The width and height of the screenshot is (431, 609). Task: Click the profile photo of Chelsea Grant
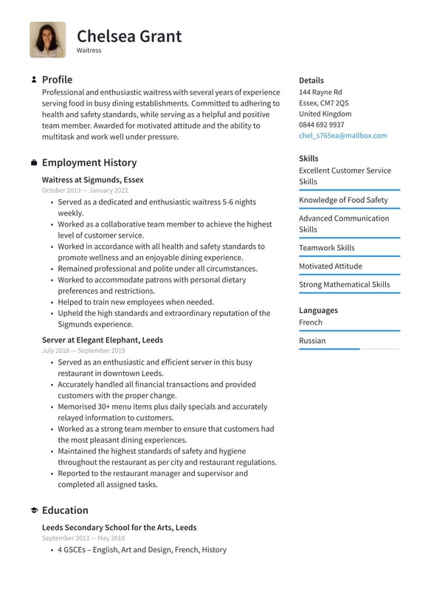click(x=48, y=40)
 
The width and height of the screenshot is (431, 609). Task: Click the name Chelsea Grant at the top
click(x=129, y=35)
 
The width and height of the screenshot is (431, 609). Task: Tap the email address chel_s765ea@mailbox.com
click(x=342, y=136)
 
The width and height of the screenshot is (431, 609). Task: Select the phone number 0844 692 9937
click(x=321, y=125)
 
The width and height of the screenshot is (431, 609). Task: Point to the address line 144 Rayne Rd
click(x=320, y=92)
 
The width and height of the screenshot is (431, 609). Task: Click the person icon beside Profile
click(x=34, y=80)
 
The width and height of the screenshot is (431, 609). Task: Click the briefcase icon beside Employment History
click(x=34, y=162)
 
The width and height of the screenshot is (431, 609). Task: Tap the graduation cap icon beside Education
click(x=34, y=511)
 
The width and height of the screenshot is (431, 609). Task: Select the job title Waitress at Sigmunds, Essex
click(x=93, y=179)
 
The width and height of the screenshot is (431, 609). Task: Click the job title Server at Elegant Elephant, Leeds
click(x=103, y=340)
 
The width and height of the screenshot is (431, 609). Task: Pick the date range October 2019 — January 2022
click(x=85, y=190)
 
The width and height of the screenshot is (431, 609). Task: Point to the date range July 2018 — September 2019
click(x=83, y=351)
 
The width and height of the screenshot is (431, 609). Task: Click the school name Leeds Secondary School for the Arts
click(x=119, y=528)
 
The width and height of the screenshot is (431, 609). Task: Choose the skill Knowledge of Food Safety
click(x=343, y=200)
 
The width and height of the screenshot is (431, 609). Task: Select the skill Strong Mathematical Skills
click(x=344, y=285)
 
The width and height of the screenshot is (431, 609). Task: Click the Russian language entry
click(x=312, y=341)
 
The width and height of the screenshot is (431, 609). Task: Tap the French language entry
click(x=311, y=323)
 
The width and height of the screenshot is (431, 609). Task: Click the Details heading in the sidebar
click(x=311, y=80)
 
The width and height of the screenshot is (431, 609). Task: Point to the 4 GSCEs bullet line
click(x=142, y=550)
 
